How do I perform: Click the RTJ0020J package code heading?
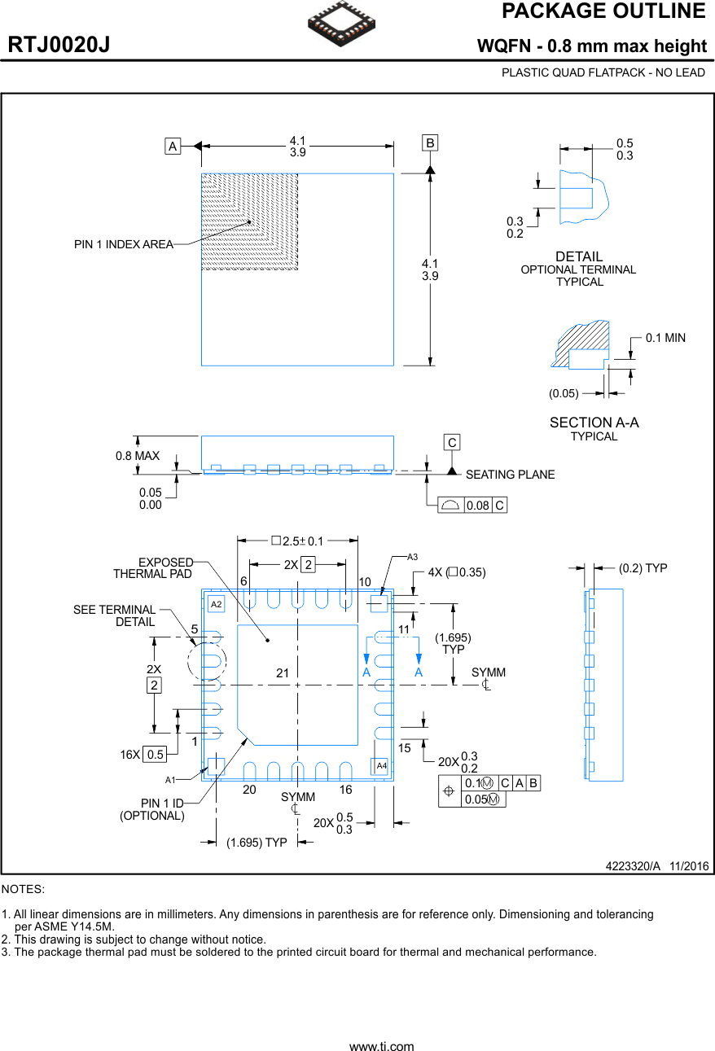[x=59, y=46]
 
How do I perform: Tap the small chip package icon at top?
[x=342, y=24]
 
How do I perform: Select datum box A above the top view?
[x=173, y=147]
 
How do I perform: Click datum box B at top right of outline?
[x=430, y=143]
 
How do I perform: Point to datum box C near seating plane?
[x=452, y=443]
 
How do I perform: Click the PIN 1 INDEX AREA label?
[x=124, y=244]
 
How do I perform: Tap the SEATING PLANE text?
[x=510, y=475]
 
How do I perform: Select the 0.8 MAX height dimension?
[x=138, y=456]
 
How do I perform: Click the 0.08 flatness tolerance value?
[x=478, y=506]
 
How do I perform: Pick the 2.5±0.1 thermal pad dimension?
[x=298, y=541]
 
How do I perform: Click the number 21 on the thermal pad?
[x=283, y=673]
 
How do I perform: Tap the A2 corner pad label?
[x=216, y=604]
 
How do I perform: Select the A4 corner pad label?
[x=380, y=766]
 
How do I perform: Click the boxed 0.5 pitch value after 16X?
[x=155, y=755]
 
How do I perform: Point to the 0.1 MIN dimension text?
[x=665, y=338]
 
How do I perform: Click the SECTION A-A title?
[x=594, y=423]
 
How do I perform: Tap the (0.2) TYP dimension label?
[x=643, y=568]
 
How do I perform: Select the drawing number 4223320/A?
[x=633, y=866]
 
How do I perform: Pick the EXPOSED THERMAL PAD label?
[x=154, y=568]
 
